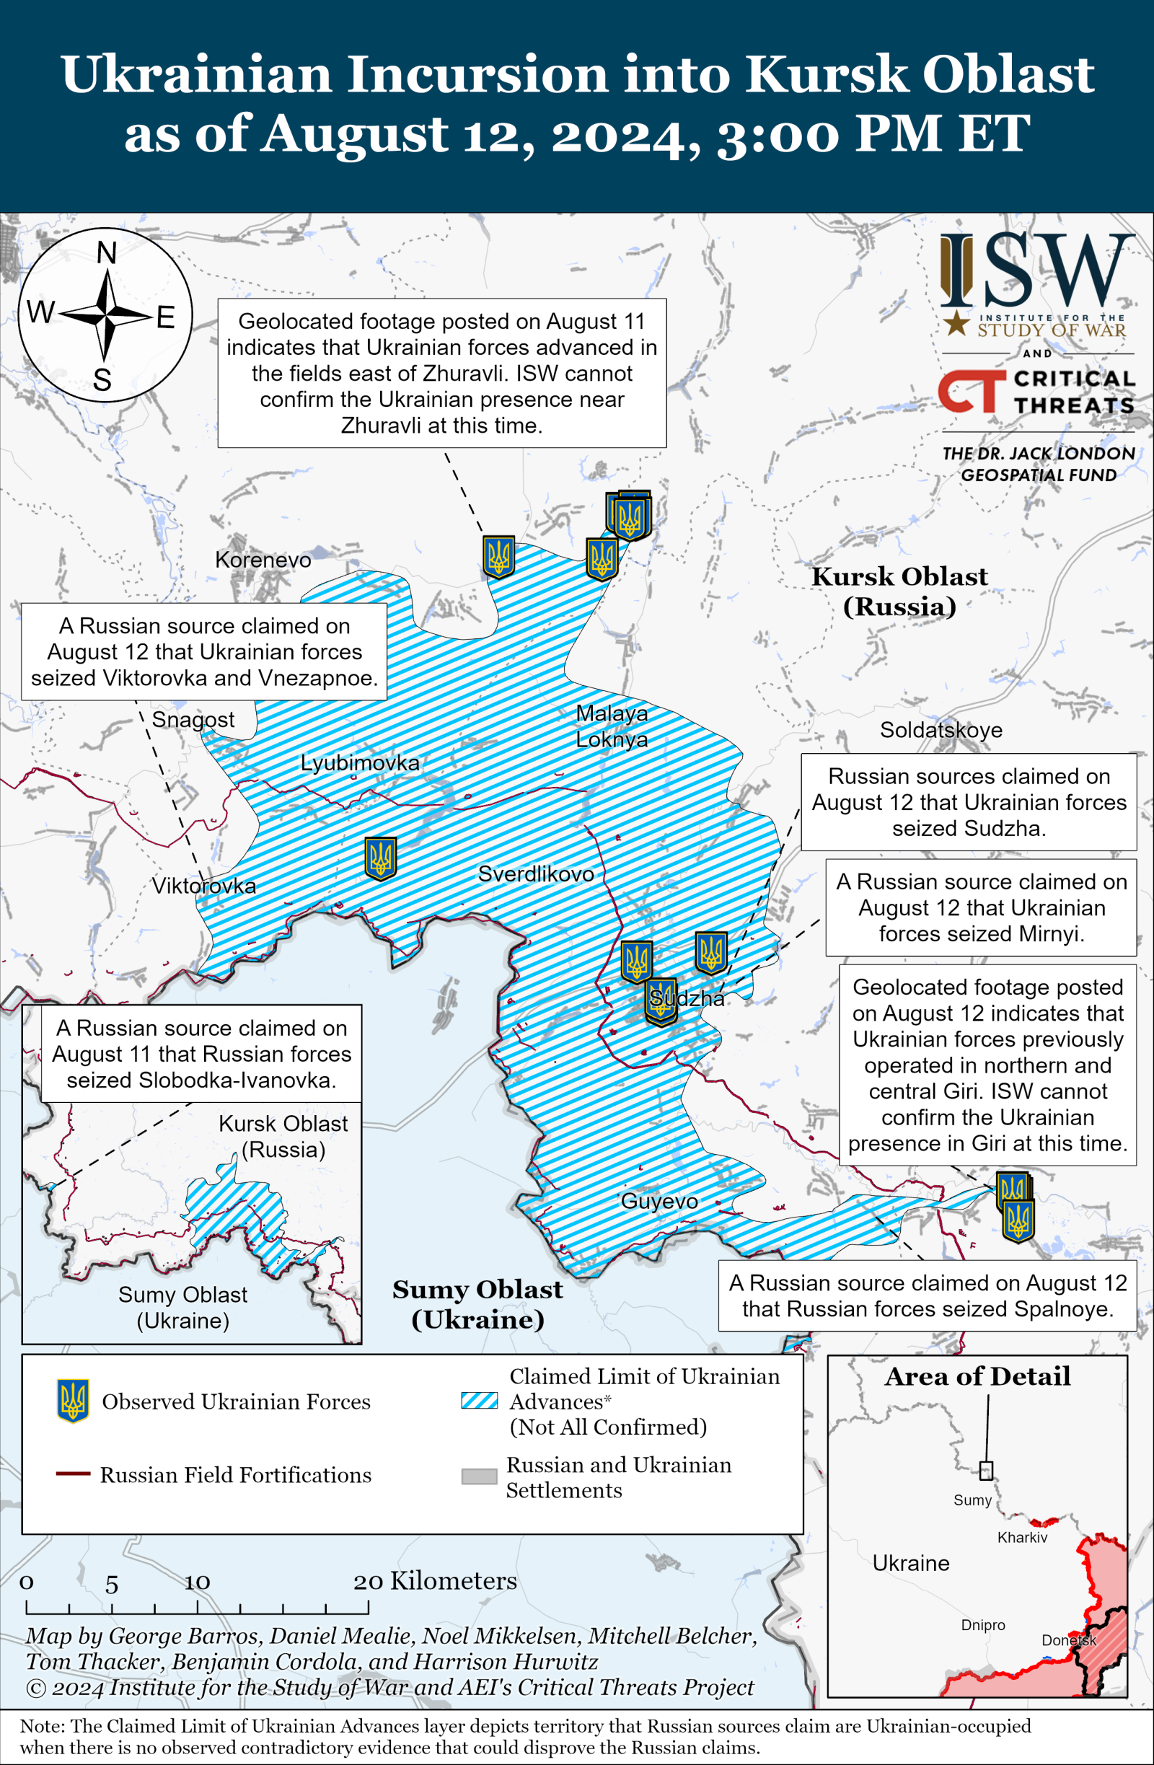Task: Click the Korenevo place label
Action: click(263, 560)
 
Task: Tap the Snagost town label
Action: click(193, 719)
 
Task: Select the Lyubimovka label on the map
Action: click(360, 762)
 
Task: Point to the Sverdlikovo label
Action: click(535, 873)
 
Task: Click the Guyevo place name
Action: click(659, 1202)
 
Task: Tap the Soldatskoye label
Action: click(941, 730)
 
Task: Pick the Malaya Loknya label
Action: click(612, 726)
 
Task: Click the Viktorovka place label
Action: click(204, 886)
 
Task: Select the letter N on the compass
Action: click(106, 254)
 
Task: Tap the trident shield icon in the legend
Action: click(73, 1401)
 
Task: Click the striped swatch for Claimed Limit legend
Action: click(479, 1400)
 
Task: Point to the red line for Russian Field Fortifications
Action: click(73, 1474)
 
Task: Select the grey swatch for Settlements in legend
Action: click(479, 1476)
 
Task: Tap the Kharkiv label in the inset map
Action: click(1021, 1537)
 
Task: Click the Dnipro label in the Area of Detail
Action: click(982, 1625)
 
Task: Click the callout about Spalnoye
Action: click(927, 1295)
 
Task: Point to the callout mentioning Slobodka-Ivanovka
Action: click(201, 1054)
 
